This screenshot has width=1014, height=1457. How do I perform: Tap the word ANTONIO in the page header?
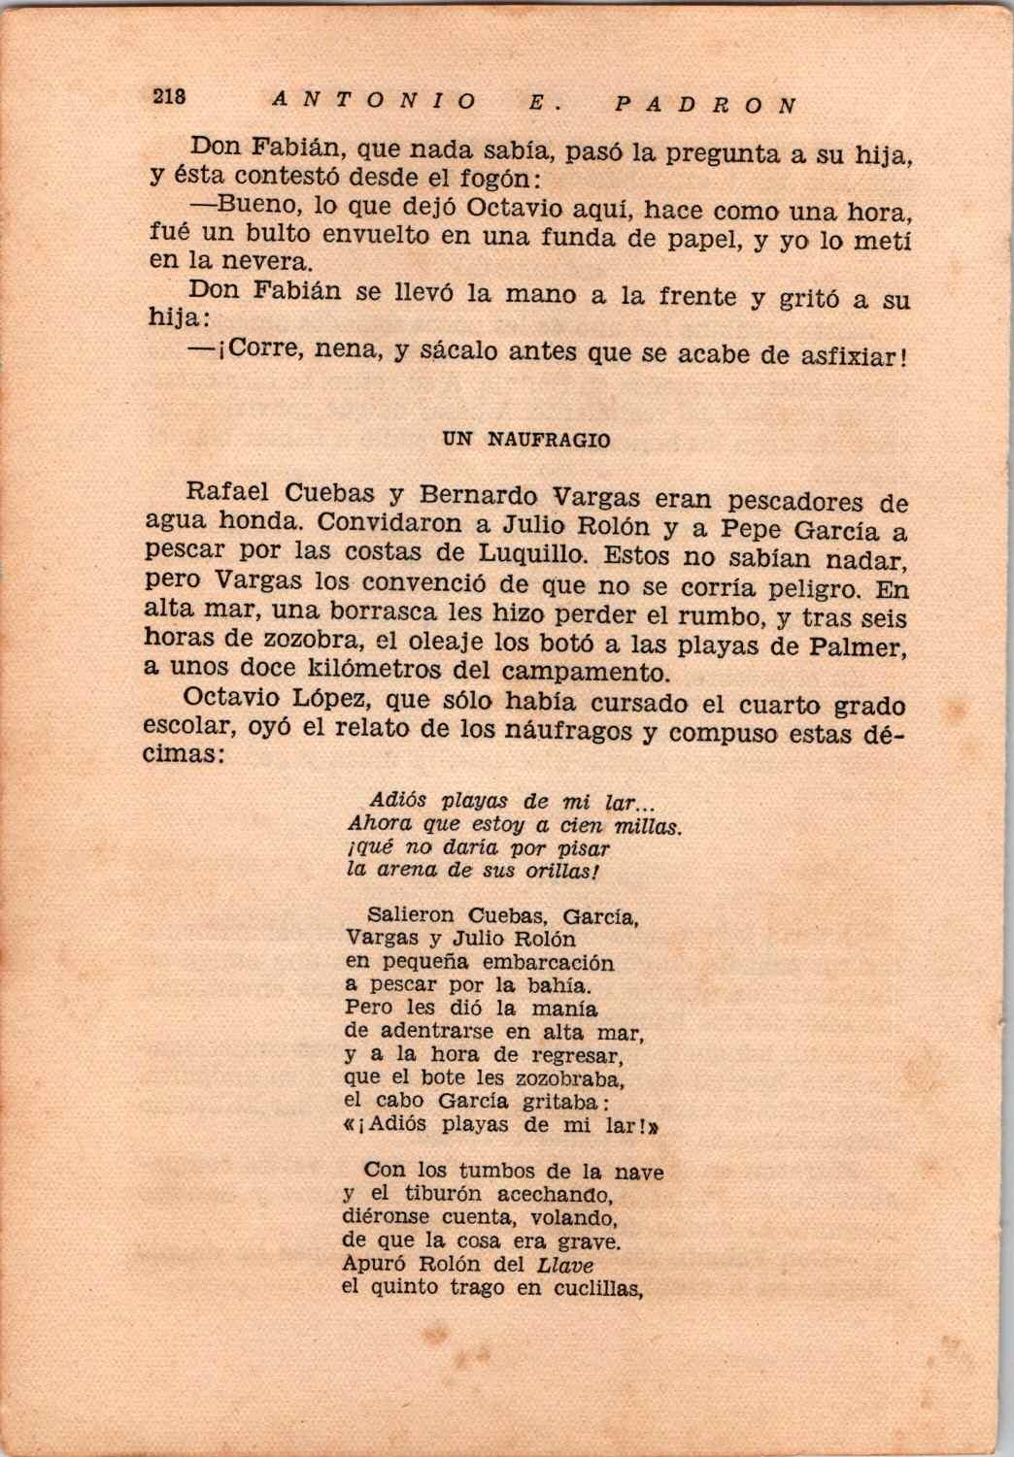[x=375, y=99]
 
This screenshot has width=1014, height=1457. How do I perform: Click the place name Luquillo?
[x=536, y=555]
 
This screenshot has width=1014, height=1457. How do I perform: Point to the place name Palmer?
[x=859, y=647]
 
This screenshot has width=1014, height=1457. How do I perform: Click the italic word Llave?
[x=564, y=1265]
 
